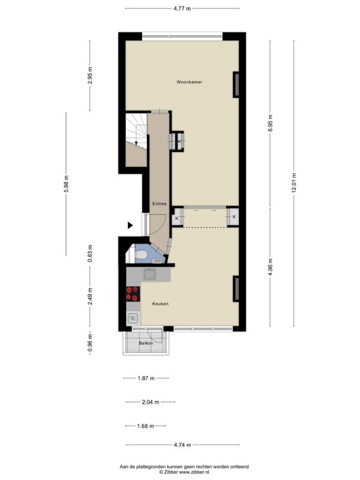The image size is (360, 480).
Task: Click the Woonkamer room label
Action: pyautogui.click(x=189, y=82)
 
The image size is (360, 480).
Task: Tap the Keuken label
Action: pyautogui.click(x=160, y=304)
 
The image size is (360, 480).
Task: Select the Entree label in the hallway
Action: pyautogui.click(x=160, y=203)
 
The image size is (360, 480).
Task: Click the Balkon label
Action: pyautogui.click(x=146, y=343)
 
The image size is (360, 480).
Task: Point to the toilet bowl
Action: pyautogui.click(x=141, y=255)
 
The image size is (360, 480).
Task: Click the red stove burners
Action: pyautogui.click(x=133, y=293)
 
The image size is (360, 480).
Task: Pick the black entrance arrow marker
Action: pyautogui.click(x=130, y=226)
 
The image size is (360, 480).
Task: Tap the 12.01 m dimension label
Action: pyautogui.click(x=294, y=183)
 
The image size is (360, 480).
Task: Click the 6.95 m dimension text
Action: pyautogui.click(x=271, y=123)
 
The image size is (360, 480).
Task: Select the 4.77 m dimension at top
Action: pyautogui.click(x=182, y=8)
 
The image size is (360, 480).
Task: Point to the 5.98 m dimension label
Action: pyautogui.click(x=66, y=184)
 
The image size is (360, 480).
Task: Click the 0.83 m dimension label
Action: pyautogui.click(x=90, y=253)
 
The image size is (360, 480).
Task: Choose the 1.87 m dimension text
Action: pyautogui.click(x=146, y=378)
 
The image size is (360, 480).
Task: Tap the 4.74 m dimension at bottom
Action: pyautogui.click(x=182, y=445)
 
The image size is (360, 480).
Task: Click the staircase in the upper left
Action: pyautogui.click(x=137, y=131)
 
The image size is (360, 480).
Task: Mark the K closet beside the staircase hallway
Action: pyautogui.click(x=178, y=142)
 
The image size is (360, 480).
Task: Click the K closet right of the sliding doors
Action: pyautogui.click(x=233, y=217)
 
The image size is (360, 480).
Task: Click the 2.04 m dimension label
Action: pyautogui.click(x=151, y=402)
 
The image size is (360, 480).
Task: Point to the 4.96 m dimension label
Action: pyautogui.click(x=271, y=267)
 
